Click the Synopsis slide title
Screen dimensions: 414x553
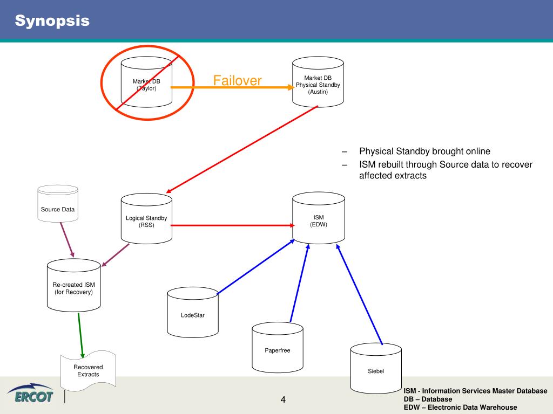52,22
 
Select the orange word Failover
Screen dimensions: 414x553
237,81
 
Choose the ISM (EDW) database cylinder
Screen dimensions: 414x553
319,218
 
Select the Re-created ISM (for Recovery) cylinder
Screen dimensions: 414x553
73,285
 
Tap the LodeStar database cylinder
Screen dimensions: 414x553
192,313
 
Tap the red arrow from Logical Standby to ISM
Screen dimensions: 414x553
232,225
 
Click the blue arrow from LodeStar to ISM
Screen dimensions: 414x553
255,267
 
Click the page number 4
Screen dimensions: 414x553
283,399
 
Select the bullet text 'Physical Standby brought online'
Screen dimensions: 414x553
424,151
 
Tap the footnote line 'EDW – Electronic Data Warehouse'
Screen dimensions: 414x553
460,408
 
